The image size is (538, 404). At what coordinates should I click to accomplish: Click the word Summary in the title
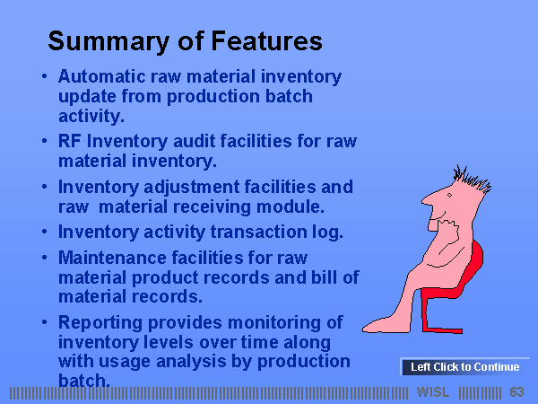point(108,41)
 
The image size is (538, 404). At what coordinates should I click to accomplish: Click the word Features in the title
point(266,41)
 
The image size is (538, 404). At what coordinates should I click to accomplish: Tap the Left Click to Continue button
point(464,367)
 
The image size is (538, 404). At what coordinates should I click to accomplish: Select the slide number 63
point(516,392)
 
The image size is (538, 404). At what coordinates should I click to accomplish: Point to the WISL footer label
point(433,392)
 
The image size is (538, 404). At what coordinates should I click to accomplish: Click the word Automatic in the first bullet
point(102,76)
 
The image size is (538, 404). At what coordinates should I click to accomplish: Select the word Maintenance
point(112,258)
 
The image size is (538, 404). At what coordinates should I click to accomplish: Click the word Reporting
point(100,323)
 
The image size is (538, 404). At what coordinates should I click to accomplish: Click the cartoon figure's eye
point(449,196)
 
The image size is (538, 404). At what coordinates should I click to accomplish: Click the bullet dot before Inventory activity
point(44,232)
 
